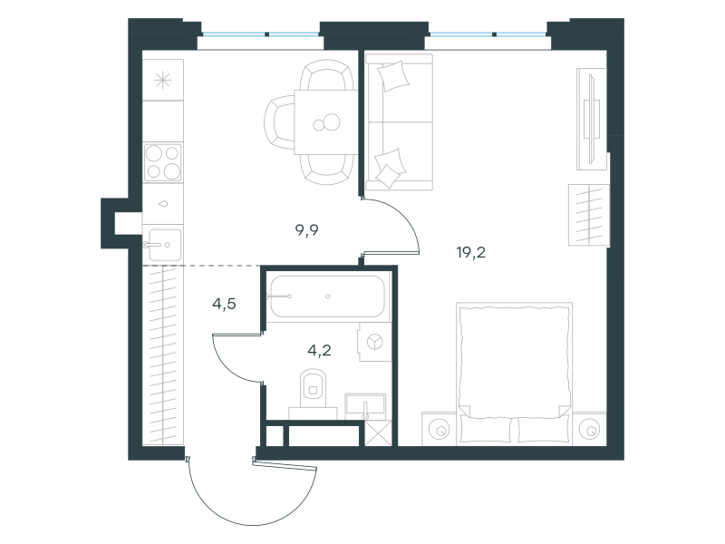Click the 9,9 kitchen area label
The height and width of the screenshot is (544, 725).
tap(307, 230)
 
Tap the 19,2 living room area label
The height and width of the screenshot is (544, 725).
tap(470, 253)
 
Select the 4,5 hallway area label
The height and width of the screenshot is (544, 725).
tap(224, 304)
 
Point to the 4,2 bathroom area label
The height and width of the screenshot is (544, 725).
tap(319, 350)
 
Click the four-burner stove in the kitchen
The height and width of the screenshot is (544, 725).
tap(163, 162)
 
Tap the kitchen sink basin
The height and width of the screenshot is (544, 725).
tap(163, 244)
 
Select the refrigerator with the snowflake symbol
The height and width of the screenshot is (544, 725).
tap(163, 81)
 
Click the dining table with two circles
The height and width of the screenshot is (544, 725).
tap(326, 122)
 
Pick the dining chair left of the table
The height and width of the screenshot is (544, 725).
tap(279, 121)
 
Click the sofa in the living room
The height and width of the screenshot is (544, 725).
tap(399, 122)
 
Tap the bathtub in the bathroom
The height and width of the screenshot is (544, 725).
tap(327, 296)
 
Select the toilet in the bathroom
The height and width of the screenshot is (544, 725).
tap(313, 393)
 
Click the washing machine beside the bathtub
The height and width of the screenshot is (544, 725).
tap(373, 343)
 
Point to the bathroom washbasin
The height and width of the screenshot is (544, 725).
tap(365, 405)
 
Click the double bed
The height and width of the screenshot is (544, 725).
tap(514, 374)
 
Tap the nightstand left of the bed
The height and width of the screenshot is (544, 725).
tap(439, 429)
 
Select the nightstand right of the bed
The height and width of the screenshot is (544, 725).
tap(590, 429)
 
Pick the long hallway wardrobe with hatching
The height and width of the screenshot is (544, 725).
tap(163, 355)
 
